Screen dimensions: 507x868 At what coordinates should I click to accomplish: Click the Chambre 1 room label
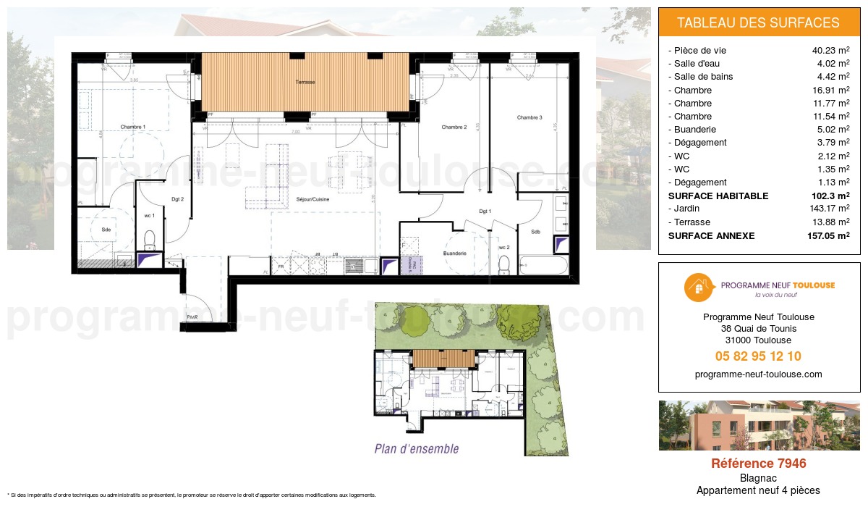pos(132,127)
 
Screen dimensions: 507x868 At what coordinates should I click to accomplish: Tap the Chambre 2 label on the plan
pos(454,127)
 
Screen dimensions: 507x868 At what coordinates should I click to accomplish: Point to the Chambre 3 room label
pos(529,117)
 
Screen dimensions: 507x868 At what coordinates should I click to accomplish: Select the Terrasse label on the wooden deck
pos(305,83)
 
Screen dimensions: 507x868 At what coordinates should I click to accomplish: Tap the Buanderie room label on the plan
pos(454,253)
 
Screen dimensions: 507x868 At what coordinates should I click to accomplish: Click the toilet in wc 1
pos(150,238)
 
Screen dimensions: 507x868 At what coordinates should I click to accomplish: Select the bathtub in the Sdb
pos(544,267)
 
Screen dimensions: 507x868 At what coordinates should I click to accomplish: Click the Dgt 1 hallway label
pos(485,211)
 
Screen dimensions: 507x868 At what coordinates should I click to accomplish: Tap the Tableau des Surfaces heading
pos(758,22)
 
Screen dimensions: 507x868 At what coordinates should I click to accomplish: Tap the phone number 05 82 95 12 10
pos(758,356)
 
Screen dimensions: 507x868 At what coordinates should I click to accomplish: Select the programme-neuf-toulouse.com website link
pos(758,374)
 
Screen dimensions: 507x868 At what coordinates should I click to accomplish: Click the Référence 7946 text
pos(758,464)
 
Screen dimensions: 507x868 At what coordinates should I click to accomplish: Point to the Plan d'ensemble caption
pos(417,449)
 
